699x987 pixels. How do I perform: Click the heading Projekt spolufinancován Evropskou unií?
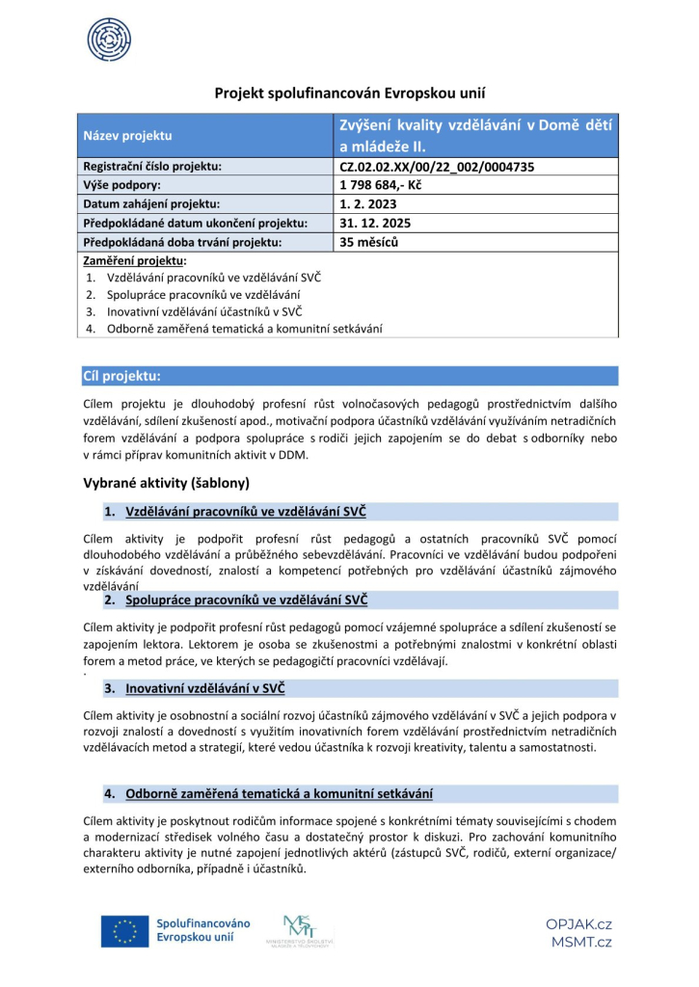point(349,93)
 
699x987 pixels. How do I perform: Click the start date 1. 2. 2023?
point(367,204)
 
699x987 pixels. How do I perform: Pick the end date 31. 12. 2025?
point(374,224)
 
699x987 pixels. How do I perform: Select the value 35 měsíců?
point(369,242)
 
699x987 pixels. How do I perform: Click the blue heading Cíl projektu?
point(121,376)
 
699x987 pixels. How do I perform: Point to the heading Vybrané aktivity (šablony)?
point(167,482)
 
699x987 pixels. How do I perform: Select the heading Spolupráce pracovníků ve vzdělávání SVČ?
point(246,600)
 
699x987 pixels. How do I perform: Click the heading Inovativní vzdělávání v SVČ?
point(204,688)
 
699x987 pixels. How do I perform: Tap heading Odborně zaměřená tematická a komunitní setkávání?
point(278,793)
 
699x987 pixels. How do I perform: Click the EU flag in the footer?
point(123,931)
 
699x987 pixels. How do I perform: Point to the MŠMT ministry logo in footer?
point(308,931)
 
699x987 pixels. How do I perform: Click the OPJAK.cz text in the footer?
point(578,923)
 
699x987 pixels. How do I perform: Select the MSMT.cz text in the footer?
point(581,942)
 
